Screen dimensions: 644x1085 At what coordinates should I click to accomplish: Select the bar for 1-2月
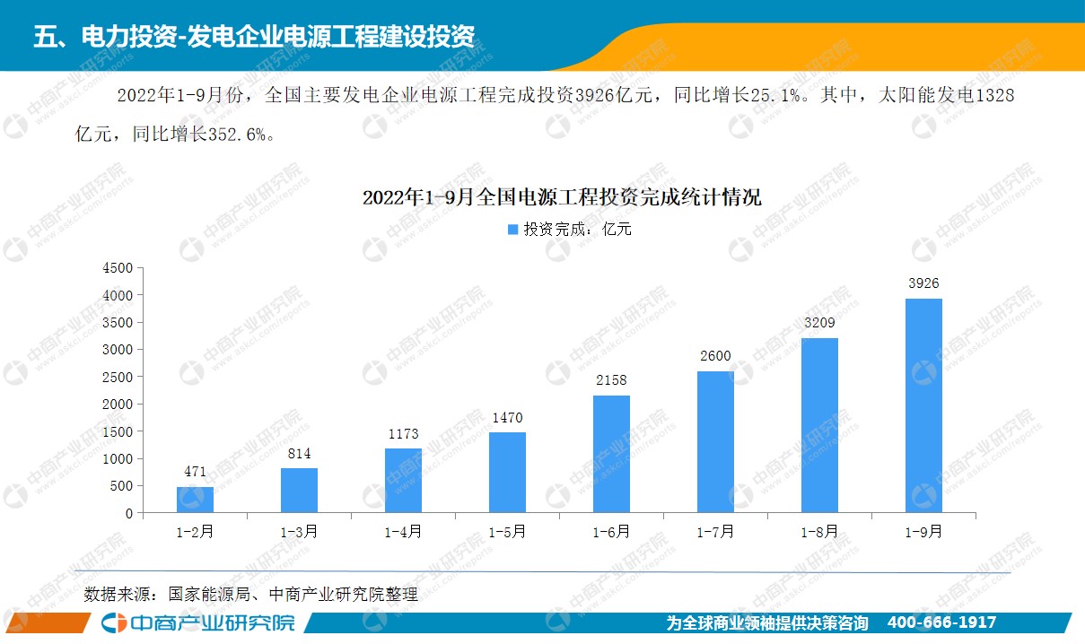point(195,500)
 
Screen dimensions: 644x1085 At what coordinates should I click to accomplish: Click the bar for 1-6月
point(611,454)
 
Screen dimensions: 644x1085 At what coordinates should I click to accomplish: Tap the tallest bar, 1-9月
point(923,405)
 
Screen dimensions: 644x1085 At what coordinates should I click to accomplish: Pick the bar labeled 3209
point(819,425)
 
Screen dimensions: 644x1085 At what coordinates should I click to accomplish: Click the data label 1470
point(507,418)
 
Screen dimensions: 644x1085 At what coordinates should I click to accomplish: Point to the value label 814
point(299,454)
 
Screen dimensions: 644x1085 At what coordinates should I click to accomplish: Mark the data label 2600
point(715,356)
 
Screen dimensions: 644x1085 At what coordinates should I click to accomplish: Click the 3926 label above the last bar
point(923,283)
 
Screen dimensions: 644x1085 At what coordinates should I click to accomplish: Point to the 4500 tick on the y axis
point(118,267)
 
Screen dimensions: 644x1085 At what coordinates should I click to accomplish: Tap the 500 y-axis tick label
point(122,486)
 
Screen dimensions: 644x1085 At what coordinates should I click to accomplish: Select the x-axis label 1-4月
point(403,532)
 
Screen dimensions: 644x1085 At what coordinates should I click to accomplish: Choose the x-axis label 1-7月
point(715,532)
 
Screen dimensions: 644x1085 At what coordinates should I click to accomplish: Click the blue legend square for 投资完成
point(513,230)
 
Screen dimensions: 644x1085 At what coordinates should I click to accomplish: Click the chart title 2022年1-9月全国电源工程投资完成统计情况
point(562,197)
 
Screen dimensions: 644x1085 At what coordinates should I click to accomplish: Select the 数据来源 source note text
point(251,594)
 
